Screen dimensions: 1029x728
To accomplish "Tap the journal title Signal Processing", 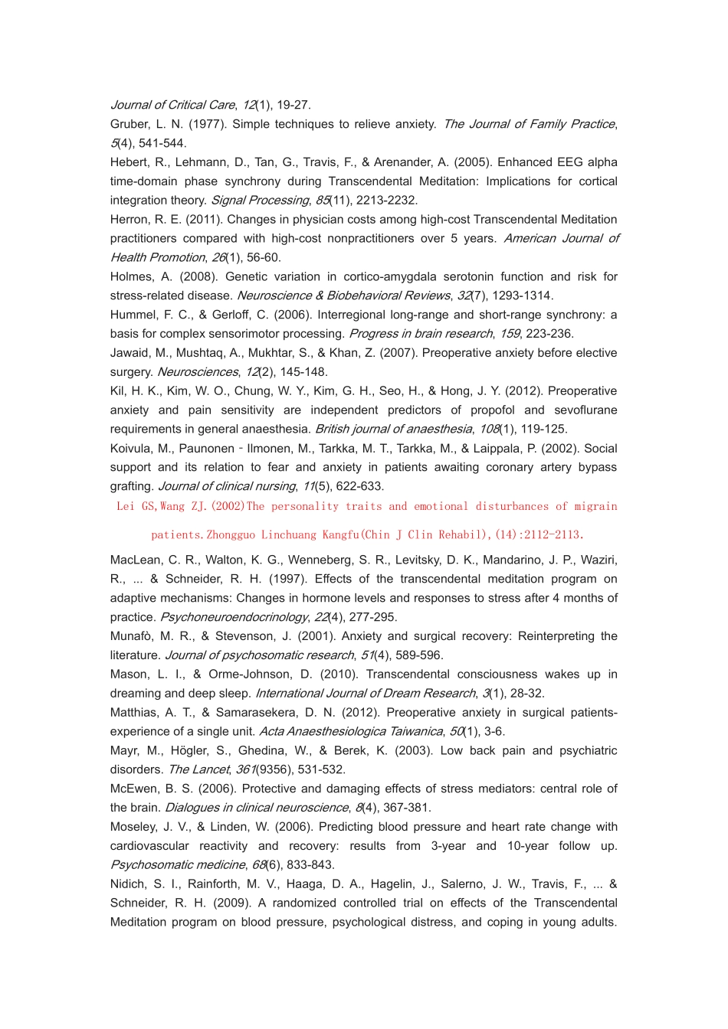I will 259,201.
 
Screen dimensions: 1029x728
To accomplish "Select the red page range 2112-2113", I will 547,534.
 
